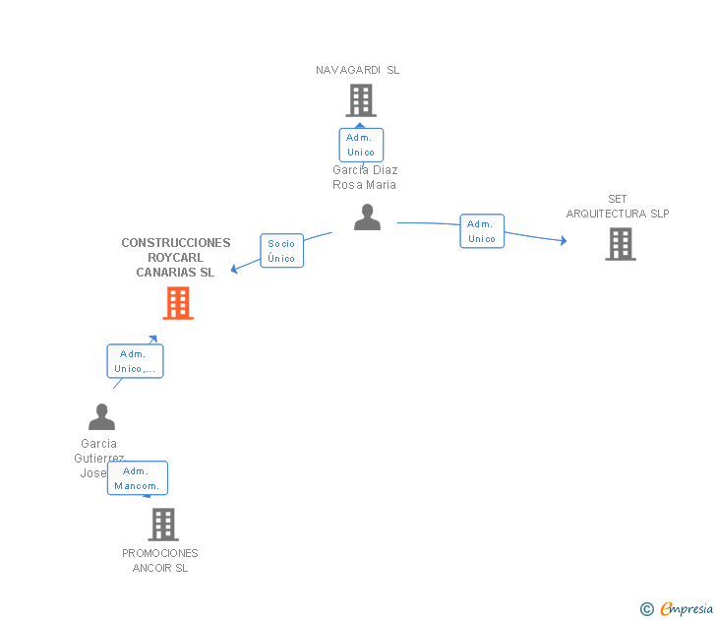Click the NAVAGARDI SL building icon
tap(361, 100)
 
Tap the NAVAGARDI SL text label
tap(357, 70)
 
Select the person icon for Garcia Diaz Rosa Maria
tap(367, 217)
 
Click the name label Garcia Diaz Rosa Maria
tap(365, 177)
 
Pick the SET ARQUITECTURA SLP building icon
tap(620, 244)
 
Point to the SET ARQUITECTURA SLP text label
tap(618, 207)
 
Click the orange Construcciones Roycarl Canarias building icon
tap(178, 303)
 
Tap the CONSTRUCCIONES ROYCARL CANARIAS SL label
tap(176, 258)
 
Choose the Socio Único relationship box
tap(281, 250)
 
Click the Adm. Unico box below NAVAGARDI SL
tap(361, 145)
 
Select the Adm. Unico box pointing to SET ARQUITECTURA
tap(482, 231)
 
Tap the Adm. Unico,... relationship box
tap(135, 361)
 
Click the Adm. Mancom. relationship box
tap(138, 478)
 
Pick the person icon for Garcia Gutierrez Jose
tap(101, 417)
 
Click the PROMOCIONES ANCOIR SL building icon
tap(163, 525)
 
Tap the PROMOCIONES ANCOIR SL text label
tap(160, 561)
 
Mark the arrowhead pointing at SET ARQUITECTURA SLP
tap(563, 240)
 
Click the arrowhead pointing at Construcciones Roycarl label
tap(235, 269)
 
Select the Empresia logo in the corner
tap(678, 608)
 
